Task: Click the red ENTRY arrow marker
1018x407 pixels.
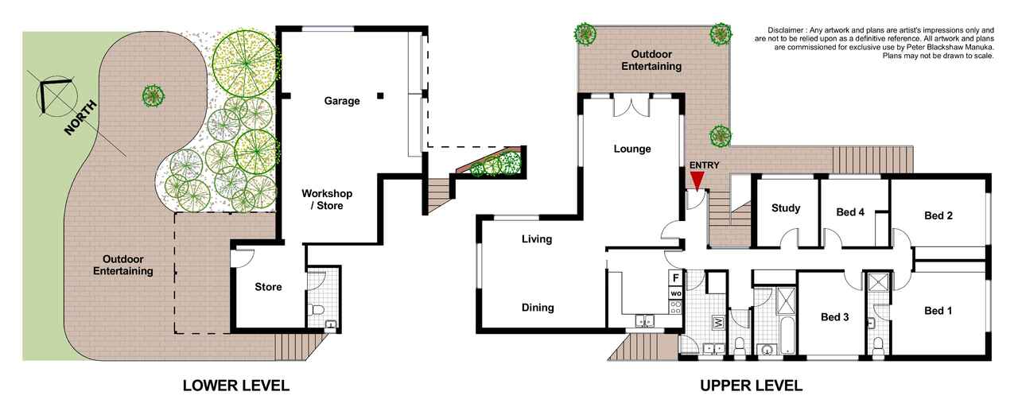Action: (x=696, y=182)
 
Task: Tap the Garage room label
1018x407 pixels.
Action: (x=342, y=101)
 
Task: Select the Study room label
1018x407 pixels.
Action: (x=786, y=208)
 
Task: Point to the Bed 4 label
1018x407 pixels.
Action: (x=850, y=212)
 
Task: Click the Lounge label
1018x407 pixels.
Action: (x=632, y=149)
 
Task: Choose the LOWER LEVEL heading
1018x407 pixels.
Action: (x=236, y=386)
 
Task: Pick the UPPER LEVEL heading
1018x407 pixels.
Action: (x=751, y=386)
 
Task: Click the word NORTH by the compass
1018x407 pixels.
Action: (x=81, y=118)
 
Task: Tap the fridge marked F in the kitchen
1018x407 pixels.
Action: (x=676, y=277)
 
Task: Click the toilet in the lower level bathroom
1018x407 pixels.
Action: (x=316, y=310)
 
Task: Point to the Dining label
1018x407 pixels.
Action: (x=538, y=308)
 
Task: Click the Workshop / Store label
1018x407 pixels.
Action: (x=327, y=200)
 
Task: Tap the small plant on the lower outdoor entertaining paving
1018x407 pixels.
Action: (x=153, y=96)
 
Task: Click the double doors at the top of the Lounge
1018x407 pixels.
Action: (x=631, y=106)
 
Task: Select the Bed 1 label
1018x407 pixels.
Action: (x=938, y=311)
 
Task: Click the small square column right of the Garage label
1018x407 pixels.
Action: (x=380, y=96)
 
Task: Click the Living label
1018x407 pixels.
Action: (x=537, y=239)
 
